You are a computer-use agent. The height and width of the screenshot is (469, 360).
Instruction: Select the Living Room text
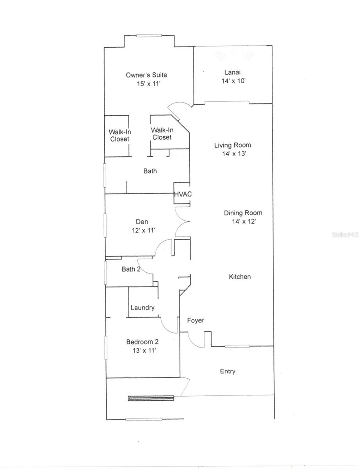click(232, 145)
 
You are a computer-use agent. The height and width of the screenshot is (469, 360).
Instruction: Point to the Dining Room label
click(243, 213)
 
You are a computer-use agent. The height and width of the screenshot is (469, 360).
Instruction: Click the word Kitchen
click(240, 277)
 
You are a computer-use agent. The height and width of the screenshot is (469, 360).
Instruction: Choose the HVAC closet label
click(182, 194)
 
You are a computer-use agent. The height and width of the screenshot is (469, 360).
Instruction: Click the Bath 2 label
click(131, 269)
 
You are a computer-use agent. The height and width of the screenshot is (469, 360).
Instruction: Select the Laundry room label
click(143, 308)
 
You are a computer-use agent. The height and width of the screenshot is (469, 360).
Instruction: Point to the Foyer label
click(196, 320)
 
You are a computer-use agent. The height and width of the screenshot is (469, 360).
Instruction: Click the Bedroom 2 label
click(142, 342)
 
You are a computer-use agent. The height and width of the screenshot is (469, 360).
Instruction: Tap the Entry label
click(228, 371)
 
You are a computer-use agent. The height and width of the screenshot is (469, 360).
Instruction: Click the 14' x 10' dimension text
click(232, 81)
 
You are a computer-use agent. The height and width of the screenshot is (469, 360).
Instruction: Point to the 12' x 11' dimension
click(144, 231)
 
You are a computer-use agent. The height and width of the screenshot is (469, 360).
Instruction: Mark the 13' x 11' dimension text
click(144, 351)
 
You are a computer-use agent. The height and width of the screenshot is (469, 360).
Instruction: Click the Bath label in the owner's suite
click(150, 171)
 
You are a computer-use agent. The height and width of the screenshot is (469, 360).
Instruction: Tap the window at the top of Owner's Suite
click(149, 36)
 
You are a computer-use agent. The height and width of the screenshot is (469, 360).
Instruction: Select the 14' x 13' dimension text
click(233, 154)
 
